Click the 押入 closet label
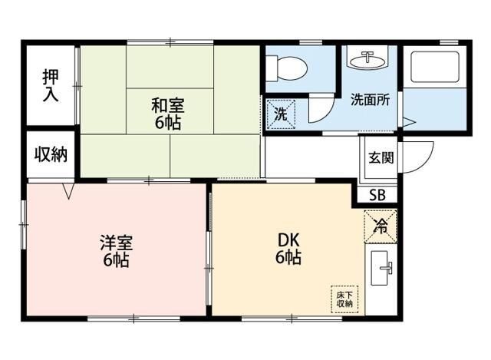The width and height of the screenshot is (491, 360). [51, 85]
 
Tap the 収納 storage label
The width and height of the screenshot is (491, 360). [51, 154]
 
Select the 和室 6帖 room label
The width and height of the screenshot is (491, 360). [167, 113]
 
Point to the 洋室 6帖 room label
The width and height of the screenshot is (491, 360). [117, 251]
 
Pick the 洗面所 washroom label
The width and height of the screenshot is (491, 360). [371, 99]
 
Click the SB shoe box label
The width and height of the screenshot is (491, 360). [377, 195]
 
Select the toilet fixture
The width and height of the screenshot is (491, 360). [290, 68]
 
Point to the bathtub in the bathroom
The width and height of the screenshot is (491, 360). [434, 67]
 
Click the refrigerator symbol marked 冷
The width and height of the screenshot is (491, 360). [381, 226]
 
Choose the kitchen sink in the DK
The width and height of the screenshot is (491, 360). [383, 269]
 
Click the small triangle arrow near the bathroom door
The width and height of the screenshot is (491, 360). [409, 122]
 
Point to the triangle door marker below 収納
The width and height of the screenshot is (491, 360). [69, 190]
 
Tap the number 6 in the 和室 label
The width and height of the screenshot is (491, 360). [158, 123]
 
